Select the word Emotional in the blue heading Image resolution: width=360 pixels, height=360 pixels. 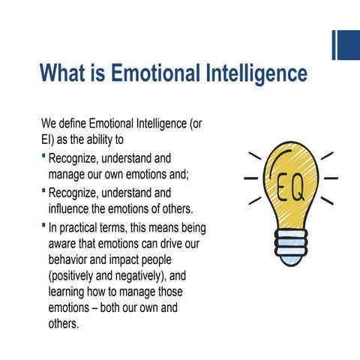click(x=156, y=73)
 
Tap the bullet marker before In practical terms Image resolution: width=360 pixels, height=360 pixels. click(x=43, y=224)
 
